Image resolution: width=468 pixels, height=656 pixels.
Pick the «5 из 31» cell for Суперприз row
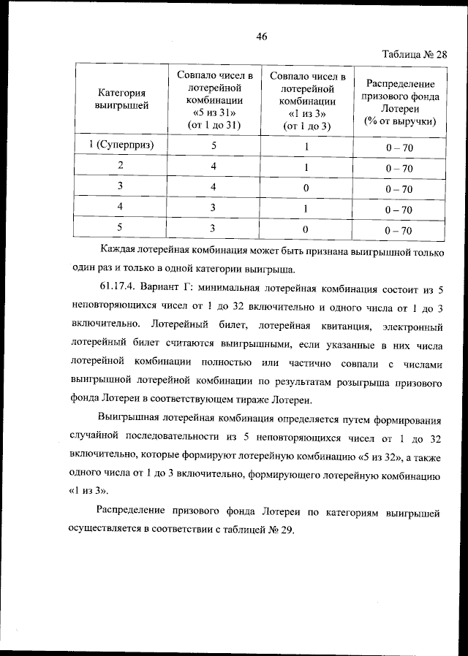[214, 145]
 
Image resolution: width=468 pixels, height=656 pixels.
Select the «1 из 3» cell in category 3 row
[306, 188]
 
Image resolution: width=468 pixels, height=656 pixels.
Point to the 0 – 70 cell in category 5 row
[399, 231]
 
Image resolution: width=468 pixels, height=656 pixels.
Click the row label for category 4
[121, 208]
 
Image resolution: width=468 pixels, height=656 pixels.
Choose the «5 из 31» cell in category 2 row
[214, 167]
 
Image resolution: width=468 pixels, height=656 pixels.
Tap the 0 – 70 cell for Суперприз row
[399, 148]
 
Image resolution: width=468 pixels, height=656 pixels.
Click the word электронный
[409, 343]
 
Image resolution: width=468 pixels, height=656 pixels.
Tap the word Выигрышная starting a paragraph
[132, 419]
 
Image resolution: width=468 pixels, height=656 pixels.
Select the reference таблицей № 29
[257, 531]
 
